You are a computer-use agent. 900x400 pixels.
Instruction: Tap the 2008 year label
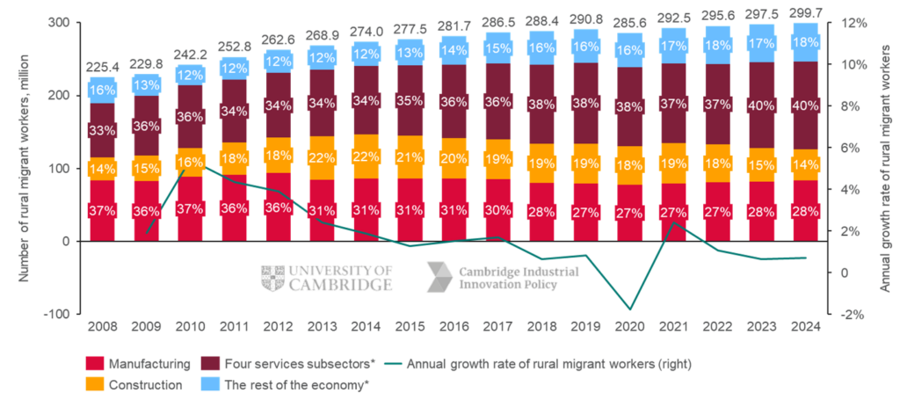[102, 327]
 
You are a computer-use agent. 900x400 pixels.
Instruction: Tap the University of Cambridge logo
[327, 278]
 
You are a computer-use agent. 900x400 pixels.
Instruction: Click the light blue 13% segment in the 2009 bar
[146, 85]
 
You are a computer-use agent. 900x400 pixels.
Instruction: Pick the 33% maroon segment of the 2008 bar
[102, 131]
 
